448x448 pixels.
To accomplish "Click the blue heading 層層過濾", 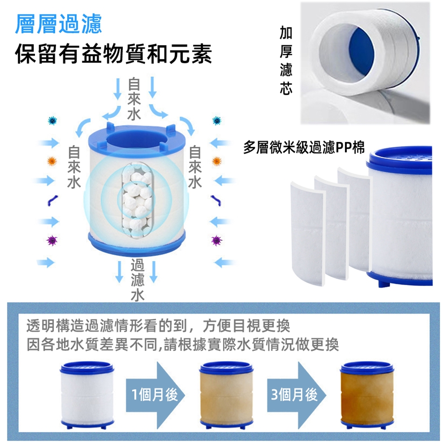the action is point(58,24).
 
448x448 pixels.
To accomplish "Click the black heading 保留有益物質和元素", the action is point(113,54).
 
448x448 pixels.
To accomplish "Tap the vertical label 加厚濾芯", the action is point(286,60).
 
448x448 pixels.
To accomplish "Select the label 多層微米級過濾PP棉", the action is point(304,147).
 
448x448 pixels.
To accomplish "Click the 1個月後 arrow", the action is point(155,395).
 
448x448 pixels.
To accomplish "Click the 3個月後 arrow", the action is point(297,395).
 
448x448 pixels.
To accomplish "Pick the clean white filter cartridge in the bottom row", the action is point(87,395).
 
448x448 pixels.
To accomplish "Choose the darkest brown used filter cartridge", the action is point(367,395).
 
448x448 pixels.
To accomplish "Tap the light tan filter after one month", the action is point(226,395).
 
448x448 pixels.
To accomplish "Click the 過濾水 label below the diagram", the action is point(137,280).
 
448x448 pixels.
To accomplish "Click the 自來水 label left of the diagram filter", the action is point(74,168).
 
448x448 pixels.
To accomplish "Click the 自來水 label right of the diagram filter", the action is point(195,168).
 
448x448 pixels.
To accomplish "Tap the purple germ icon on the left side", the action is point(52,241).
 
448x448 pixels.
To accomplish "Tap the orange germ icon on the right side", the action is point(217,161).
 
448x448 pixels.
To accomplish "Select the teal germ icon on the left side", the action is point(52,121).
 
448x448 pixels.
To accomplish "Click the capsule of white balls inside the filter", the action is point(137,201).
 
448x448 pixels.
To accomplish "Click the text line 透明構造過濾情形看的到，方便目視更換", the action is point(158,326).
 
